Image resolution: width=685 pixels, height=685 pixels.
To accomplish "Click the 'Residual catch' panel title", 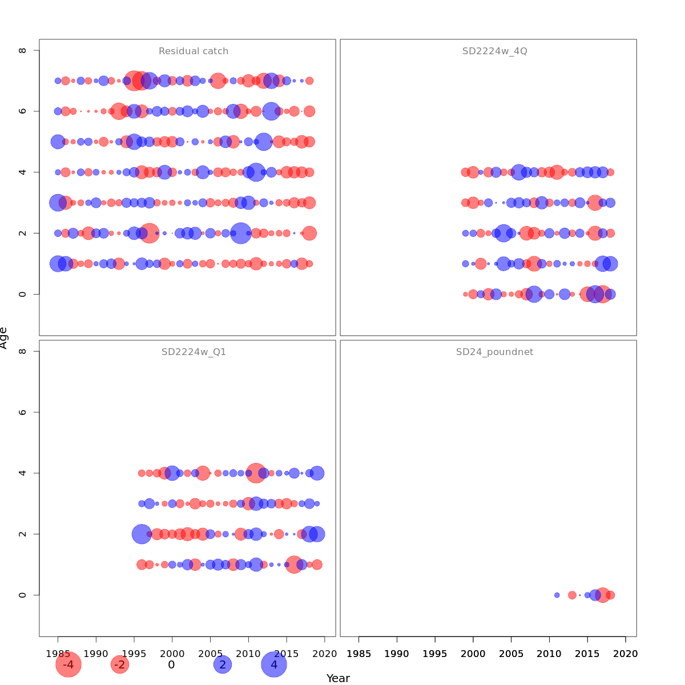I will (194, 51).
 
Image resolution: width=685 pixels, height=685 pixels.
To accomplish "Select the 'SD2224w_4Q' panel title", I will (494, 51).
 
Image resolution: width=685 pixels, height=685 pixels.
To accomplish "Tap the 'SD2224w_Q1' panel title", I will (194, 352).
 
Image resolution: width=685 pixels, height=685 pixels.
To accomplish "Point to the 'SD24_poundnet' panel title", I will (494, 352).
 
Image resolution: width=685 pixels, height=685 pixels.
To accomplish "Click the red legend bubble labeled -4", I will (68, 665).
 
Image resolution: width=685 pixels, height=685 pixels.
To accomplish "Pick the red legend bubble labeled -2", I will (119, 665).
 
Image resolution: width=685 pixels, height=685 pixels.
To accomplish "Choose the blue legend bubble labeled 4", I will (274, 665).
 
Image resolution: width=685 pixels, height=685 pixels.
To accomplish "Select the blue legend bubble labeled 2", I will (223, 665).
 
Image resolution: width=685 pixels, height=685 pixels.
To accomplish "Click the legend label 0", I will (171, 665).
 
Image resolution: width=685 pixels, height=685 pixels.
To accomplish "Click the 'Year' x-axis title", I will (338, 678).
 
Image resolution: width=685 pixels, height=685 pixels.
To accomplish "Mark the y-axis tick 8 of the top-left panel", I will (23, 50).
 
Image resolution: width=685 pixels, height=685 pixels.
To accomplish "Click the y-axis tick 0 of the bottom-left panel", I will (23, 595).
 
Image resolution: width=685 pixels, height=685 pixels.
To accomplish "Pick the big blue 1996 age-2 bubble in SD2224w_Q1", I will (142, 534).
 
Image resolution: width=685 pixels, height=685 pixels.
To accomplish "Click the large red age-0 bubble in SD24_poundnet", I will (602, 595).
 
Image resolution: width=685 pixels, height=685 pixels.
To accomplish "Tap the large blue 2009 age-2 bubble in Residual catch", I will (241, 233).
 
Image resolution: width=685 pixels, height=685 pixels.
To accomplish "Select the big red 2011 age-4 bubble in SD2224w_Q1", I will (256, 473).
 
